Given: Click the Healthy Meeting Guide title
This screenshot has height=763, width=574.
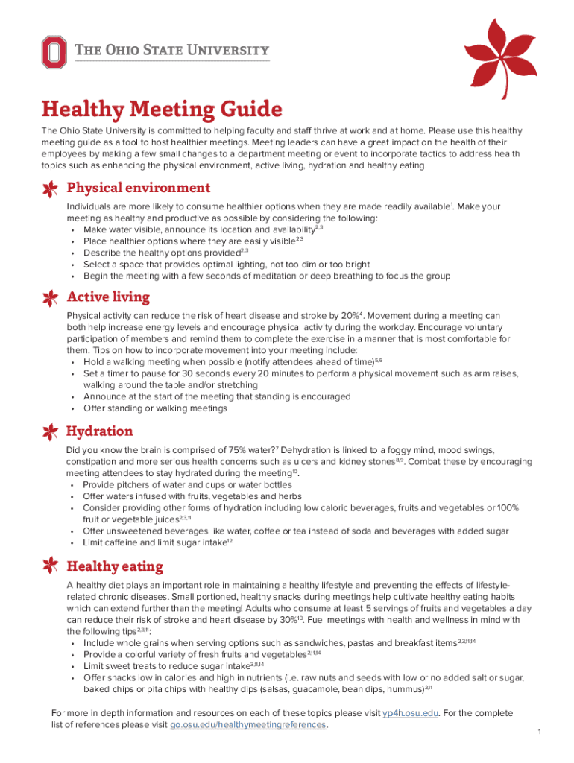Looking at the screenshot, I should click(x=162, y=110).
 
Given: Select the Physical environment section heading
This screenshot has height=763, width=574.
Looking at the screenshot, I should click(x=138, y=188).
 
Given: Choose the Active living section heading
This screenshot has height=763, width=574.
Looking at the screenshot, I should click(x=108, y=297).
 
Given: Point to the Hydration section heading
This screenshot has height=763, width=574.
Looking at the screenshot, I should click(x=100, y=431).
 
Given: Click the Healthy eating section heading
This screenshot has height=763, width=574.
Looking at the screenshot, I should click(x=115, y=566).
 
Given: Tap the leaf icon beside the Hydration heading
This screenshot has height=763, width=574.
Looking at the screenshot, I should click(x=51, y=433).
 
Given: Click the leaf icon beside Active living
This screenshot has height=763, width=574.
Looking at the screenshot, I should click(x=51, y=298).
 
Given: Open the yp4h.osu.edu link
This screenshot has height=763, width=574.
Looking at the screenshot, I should click(x=410, y=712).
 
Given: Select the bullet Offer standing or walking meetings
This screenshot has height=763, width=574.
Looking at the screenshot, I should click(x=155, y=408).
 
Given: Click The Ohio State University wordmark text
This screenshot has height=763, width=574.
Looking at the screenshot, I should click(x=172, y=51).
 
